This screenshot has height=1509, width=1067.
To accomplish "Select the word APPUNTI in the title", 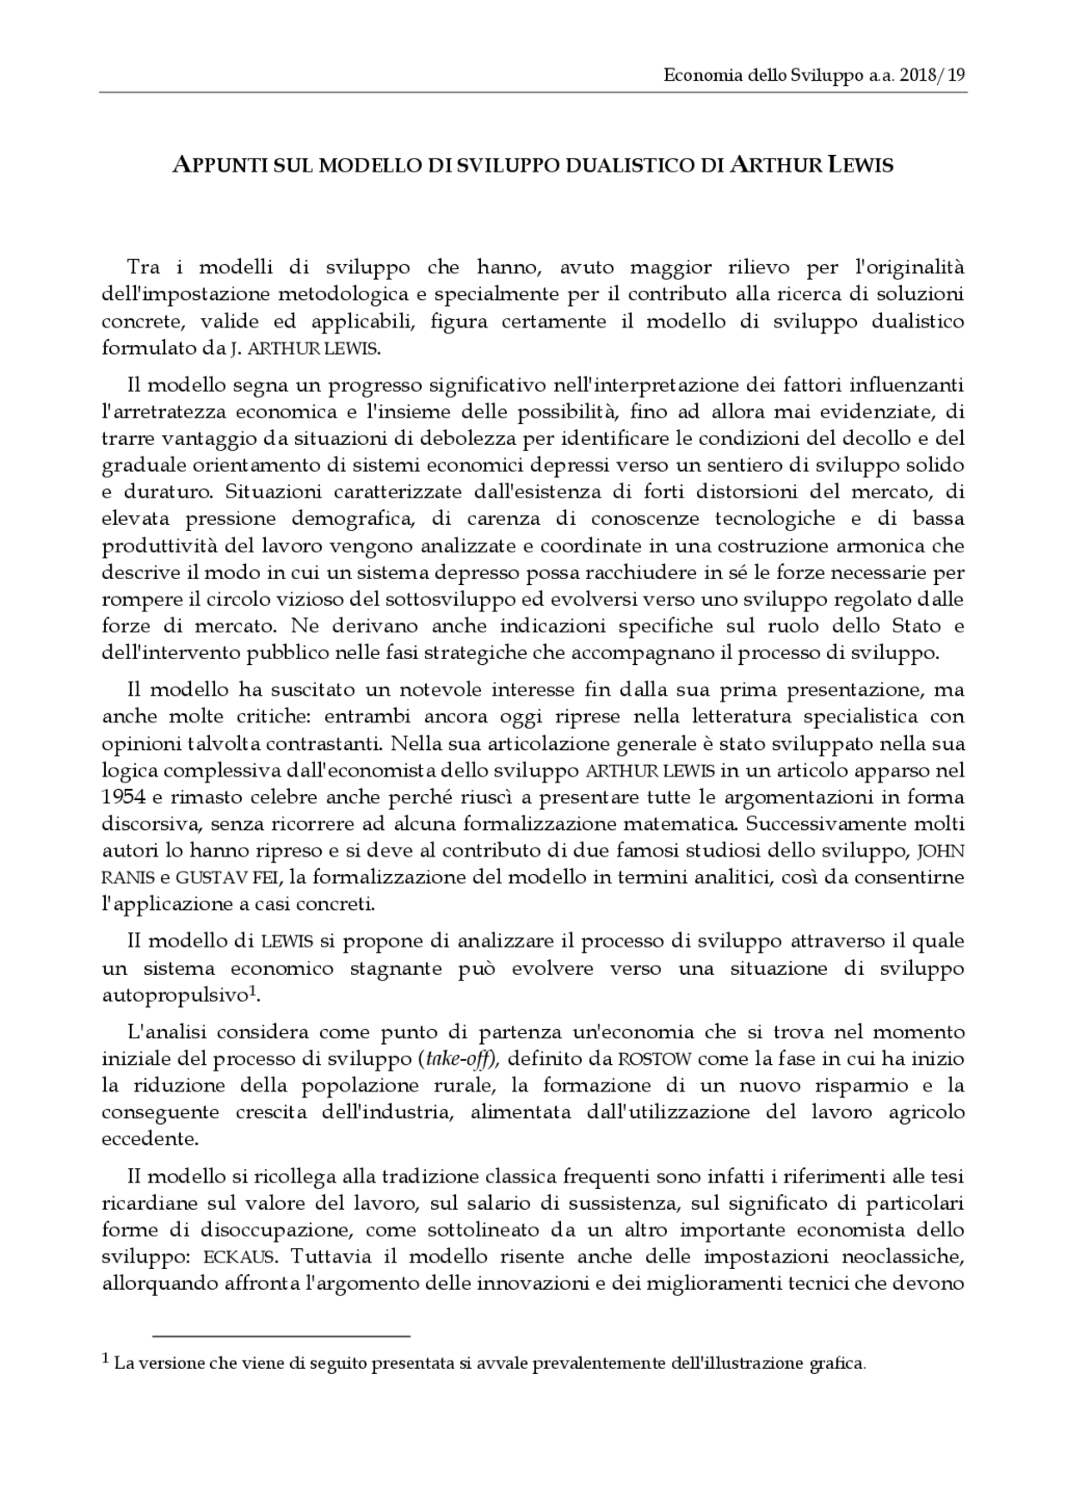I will point(219,165).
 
